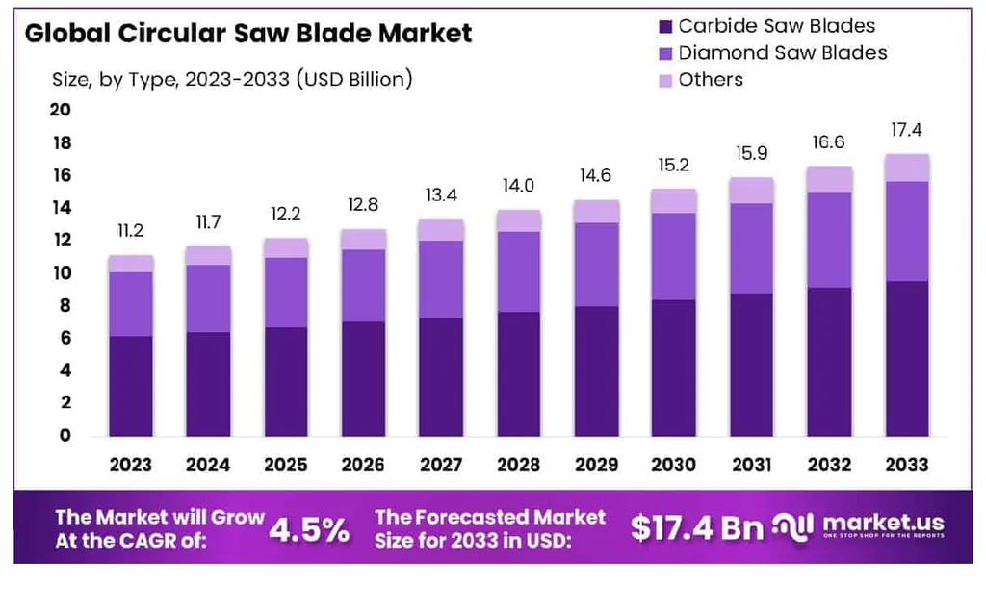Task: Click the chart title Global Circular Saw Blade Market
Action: [x=248, y=34]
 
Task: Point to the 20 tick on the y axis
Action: [x=60, y=111]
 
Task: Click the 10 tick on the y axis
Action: [x=60, y=273]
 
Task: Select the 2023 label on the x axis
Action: [x=131, y=465]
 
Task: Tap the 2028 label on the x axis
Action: [x=518, y=465]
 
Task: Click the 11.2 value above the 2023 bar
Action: [x=131, y=232]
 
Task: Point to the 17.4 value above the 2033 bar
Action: [x=906, y=130]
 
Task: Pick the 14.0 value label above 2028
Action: [x=518, y=186]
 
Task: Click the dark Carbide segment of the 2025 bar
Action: [x=286, y=381]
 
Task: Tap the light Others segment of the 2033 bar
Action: [x=906, y=167]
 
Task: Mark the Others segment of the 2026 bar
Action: [x=363, y=240]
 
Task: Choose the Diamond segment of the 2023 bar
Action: [x=131, y=304]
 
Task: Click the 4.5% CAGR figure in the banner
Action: [x=308, y=528]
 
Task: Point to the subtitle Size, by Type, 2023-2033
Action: [x=231, y=79]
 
